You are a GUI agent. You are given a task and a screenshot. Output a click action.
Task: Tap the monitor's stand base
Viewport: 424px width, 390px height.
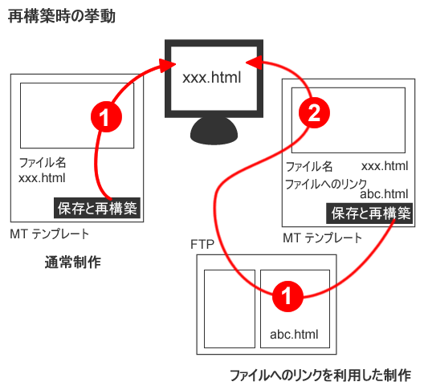[x=212, y=131]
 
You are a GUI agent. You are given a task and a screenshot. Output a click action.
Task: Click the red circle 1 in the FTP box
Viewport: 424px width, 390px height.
[x=288, y=296]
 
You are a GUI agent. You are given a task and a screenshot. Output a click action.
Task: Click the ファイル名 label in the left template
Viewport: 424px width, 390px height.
[x=41, y=163]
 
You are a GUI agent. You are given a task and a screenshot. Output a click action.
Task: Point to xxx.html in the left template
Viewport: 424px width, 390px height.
[x=41, y=178]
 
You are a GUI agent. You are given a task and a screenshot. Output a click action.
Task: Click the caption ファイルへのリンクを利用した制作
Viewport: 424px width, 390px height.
[x=320, y=375]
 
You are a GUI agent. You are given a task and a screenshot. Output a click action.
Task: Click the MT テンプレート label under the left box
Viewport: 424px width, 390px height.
[x=50, y=234]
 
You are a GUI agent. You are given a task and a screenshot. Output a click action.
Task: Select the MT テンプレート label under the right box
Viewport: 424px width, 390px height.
[x=322, y=238]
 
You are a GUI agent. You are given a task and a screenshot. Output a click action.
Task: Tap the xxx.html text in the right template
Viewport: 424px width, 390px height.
[x=385, y=166]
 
